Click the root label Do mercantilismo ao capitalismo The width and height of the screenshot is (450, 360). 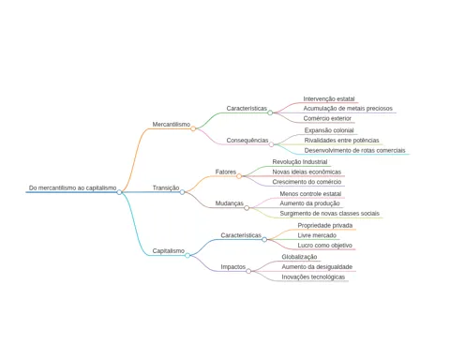[x=72, y=187]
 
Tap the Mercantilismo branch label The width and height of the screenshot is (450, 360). [x=172, y=125]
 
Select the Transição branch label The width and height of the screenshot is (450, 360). [x=166, y=187]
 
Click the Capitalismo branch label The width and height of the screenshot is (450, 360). [x=169, y=251]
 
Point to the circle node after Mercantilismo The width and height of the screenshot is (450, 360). [x=193, y=128]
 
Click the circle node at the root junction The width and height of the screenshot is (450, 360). [x=119, y=192]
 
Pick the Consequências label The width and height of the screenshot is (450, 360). [x=247, y=141]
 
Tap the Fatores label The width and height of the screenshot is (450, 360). [x=226, y=172]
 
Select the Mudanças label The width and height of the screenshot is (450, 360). [x=230, y=203]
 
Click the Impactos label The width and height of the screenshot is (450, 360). [x=233, y=267]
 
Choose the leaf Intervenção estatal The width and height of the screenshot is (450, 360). [x=329, y=99]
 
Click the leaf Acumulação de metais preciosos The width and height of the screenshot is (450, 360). [x=348, y=109]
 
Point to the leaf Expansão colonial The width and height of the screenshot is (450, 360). [x=329, y=130]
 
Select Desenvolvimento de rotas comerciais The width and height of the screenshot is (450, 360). [x=354, y=150]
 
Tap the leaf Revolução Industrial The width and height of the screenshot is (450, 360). [x=300, y=162]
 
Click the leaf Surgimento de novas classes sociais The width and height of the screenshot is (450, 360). [x=330, y=214]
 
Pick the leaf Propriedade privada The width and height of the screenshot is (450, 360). [x=325, y=226]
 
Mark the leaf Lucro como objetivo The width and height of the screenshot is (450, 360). [x=324, y=246]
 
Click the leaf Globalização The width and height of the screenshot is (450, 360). [x=299, y=257]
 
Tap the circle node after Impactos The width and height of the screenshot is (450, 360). [x=248, y=271]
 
